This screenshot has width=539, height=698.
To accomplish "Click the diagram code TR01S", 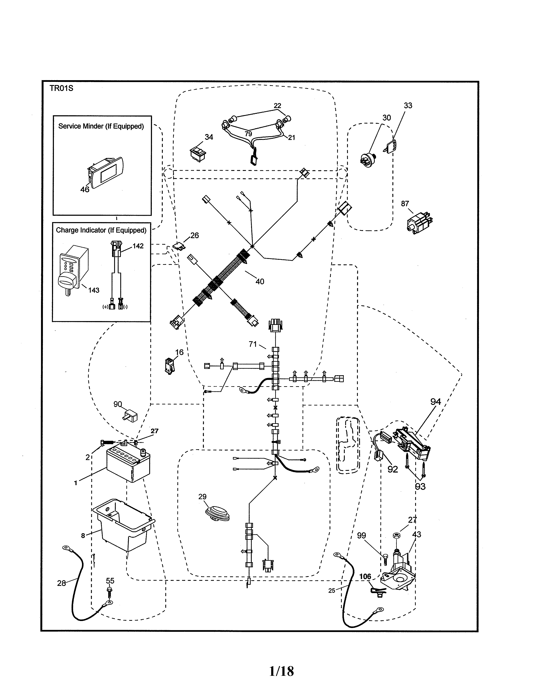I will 61,88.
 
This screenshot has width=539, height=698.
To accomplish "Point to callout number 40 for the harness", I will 260,282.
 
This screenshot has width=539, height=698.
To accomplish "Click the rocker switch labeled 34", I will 198,154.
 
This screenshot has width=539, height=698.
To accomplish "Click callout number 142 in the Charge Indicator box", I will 138,246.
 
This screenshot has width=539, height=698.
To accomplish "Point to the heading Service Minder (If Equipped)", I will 101,126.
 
